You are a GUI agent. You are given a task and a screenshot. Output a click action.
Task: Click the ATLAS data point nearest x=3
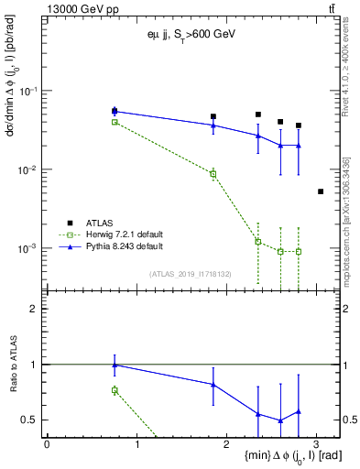click(320, 191)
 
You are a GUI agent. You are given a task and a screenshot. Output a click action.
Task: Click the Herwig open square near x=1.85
click(213, 173)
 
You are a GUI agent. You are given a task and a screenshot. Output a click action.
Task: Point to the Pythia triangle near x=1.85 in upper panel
click(213, 125)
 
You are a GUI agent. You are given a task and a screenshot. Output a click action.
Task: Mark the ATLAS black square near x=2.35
click(258, 115)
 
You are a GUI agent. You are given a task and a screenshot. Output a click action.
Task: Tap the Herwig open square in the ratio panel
click(115, 390)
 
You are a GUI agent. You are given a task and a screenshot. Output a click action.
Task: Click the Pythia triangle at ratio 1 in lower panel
click(115, 365)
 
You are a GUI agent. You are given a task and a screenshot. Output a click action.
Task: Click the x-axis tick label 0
click(47, 444)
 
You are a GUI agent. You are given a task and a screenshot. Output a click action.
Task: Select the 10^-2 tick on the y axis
click(29, 170)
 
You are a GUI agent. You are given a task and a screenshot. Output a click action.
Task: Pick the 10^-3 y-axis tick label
click(29, 249)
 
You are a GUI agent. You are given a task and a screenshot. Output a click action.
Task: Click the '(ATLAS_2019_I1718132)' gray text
click(191, 273)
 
